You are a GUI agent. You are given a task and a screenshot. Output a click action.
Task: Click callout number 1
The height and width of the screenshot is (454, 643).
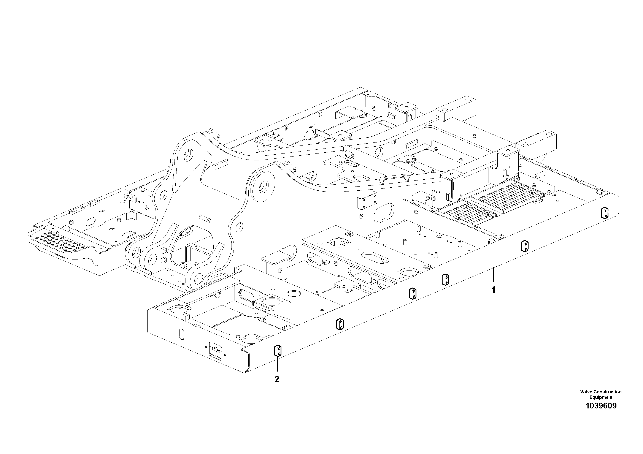(494, 290)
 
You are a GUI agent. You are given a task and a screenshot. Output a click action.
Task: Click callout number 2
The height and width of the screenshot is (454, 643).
(277, 379)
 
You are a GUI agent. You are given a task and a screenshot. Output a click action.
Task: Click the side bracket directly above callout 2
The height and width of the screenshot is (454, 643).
(278, 351)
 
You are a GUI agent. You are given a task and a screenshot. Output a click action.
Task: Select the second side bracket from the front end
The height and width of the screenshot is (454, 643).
(340, 324)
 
